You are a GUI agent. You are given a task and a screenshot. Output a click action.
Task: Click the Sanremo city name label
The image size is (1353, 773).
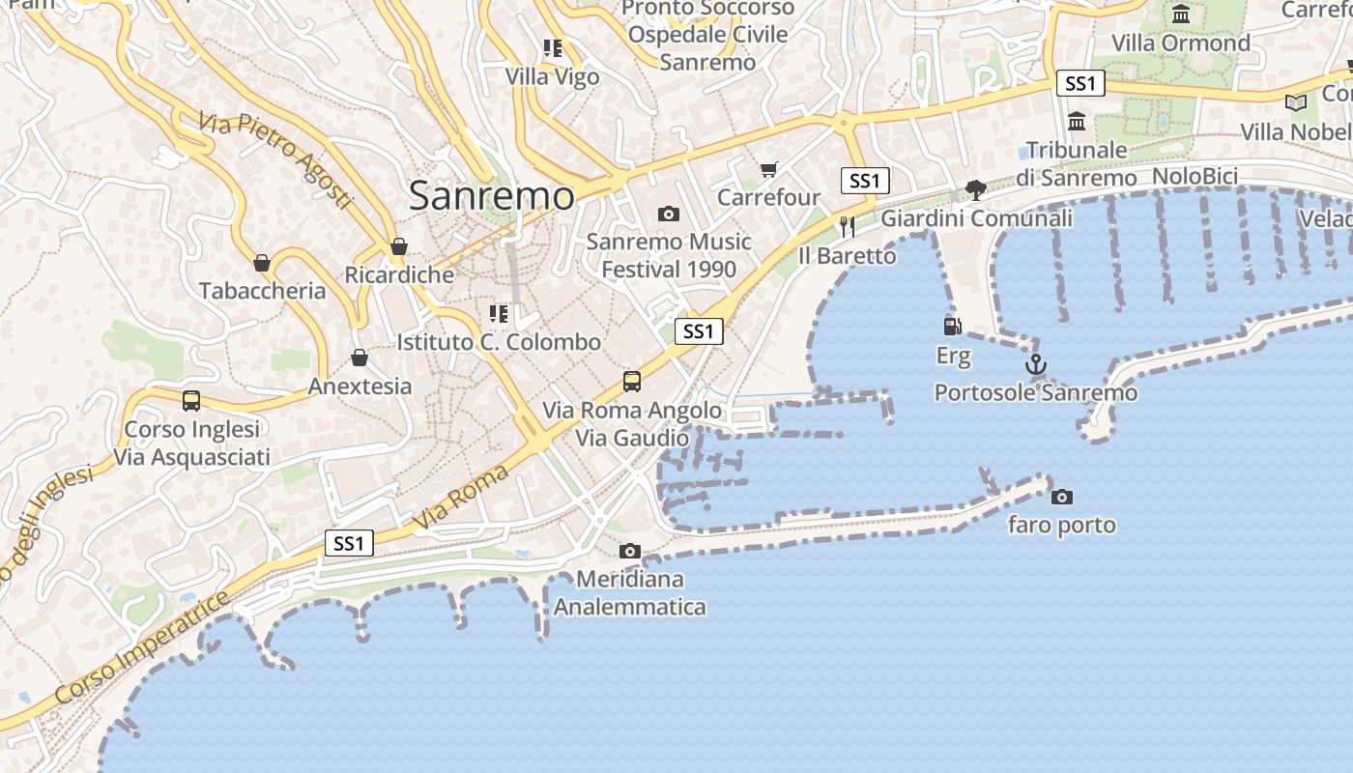(491, 196)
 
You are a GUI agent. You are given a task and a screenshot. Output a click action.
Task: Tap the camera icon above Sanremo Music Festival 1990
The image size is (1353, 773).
(668, 214)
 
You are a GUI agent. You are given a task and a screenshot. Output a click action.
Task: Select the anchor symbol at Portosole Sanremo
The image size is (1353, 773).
(1035, 364)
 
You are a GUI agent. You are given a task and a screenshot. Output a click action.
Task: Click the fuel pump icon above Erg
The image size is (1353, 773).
(953, 327)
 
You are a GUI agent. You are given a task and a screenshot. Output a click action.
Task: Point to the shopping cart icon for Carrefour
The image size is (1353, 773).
(768, 170)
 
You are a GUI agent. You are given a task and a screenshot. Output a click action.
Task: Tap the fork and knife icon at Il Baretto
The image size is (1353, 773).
(848, 227)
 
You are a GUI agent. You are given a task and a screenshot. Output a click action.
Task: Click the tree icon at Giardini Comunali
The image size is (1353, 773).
(976, 189)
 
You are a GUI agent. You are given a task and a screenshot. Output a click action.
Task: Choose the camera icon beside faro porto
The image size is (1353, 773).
(1062, 497)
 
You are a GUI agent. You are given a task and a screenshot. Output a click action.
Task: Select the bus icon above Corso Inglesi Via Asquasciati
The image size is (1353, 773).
(191, 400)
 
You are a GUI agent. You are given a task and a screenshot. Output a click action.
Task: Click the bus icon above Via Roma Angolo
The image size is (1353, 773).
(632, 382)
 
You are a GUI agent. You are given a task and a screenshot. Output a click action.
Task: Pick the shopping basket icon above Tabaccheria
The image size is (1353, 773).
(262, 263)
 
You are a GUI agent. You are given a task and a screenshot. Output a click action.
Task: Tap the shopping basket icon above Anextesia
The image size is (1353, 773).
(360, 358)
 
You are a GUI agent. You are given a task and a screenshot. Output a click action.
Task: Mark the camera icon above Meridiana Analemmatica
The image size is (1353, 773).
(630, 551)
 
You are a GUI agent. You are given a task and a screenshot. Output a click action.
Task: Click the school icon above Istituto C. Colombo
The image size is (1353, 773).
(499, 314)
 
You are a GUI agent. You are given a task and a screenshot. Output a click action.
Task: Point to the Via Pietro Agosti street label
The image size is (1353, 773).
(276, 160)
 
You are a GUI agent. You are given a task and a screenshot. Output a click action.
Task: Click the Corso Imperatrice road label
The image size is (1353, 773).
(143, 646)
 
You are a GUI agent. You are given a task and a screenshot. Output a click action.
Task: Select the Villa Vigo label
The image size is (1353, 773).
(553, 76)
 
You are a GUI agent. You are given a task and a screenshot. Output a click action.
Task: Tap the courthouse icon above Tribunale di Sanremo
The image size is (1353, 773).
(1077, 122)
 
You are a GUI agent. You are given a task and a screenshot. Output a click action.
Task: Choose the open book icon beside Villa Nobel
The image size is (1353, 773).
(1295, 102)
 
